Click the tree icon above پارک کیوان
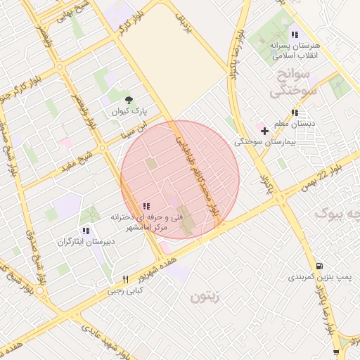pos(128,100)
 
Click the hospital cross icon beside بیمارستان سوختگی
pos(264,131)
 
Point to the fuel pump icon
pos(320,266)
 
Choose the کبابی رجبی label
pos(126,290)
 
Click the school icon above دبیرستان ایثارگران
pos(85,230)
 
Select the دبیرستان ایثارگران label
pos(85,242)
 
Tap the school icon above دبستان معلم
pos(295,112)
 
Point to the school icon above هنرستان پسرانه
pos(295,34)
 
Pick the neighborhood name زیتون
pos(205,296)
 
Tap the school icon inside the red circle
pos(146,206)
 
